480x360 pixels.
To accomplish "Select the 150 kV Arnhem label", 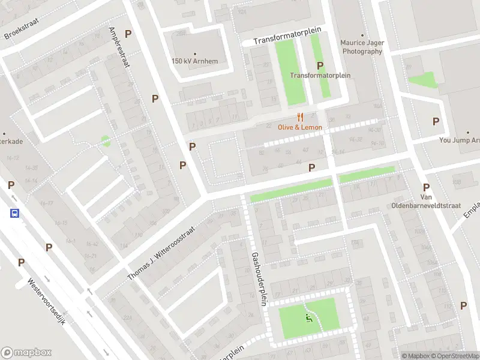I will (194, 61).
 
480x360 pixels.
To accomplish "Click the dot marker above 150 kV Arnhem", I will (194, 53).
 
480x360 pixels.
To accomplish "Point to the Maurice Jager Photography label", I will (361, 47).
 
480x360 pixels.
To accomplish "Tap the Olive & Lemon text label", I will (300, 127).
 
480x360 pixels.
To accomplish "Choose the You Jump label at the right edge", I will (460, 140).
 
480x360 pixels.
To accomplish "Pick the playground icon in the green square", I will (309, 317).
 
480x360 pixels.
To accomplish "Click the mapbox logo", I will (26, 353).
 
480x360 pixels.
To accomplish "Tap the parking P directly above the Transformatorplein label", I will (320, 65).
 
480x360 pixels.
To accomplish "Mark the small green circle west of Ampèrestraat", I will (106, 141).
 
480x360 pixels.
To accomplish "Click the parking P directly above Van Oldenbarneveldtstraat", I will (426, 187).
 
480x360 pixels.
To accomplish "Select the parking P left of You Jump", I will (436, 121).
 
